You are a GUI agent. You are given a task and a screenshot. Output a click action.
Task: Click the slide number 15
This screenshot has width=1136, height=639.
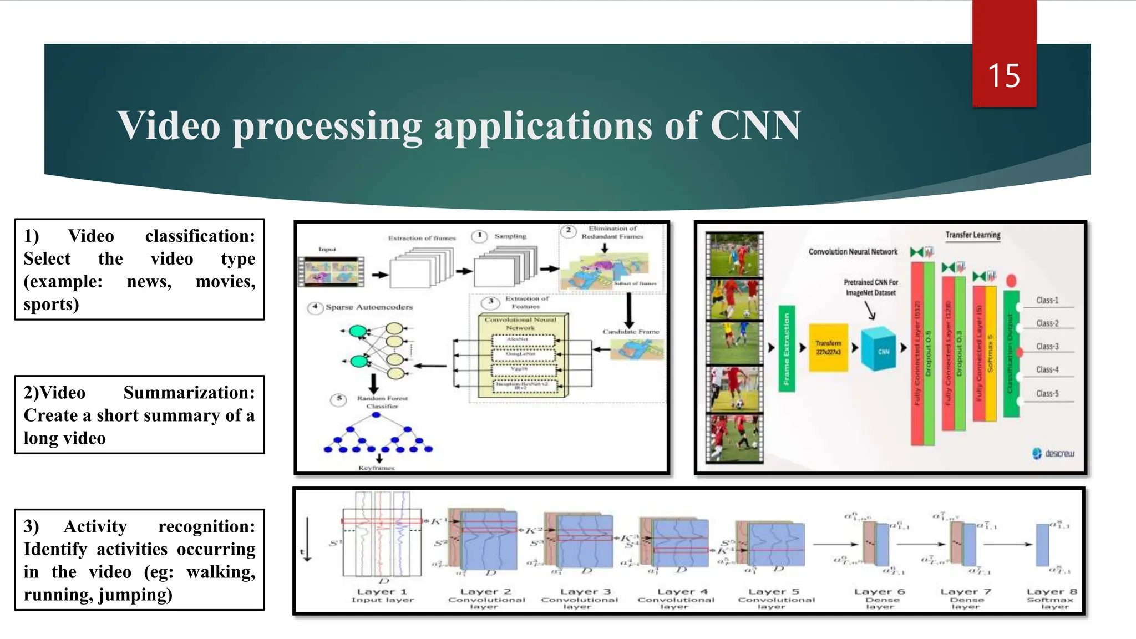(1003, 75)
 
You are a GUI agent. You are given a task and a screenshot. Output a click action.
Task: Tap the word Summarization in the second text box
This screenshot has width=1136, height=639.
(189, 392)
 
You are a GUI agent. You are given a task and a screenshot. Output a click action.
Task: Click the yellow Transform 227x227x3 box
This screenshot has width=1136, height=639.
(828, 348)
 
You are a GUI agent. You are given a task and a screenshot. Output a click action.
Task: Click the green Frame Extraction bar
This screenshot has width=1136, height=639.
(786, 348)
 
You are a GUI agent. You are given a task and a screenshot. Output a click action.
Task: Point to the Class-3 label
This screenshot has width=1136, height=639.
(1047, 346)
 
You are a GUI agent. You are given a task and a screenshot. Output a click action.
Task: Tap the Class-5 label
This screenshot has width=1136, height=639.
(1047, 393)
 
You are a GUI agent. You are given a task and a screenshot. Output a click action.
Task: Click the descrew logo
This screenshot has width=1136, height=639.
(1053, 453)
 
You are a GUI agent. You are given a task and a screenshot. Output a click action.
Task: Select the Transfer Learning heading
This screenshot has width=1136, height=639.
(972, 235)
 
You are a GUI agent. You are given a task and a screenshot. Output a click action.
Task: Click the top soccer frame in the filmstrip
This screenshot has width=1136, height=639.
(734, 255)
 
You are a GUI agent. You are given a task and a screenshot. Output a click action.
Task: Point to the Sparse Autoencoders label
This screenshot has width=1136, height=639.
(369, 307)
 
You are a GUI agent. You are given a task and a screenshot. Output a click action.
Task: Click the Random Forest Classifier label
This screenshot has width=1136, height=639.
(382, 402)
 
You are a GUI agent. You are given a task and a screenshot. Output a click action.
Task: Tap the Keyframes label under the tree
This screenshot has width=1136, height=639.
(376, 468)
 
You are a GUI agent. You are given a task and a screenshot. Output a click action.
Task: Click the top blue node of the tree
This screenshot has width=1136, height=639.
(377, 415)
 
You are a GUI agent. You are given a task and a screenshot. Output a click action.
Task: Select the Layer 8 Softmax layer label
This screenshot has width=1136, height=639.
(1051, 599)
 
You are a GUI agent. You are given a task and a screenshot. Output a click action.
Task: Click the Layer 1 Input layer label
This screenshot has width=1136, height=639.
(382, 595)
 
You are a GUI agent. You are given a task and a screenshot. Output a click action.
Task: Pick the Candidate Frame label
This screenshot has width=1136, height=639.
(631, 331)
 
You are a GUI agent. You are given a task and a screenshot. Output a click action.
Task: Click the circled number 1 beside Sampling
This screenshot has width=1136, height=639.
(479, 236)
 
